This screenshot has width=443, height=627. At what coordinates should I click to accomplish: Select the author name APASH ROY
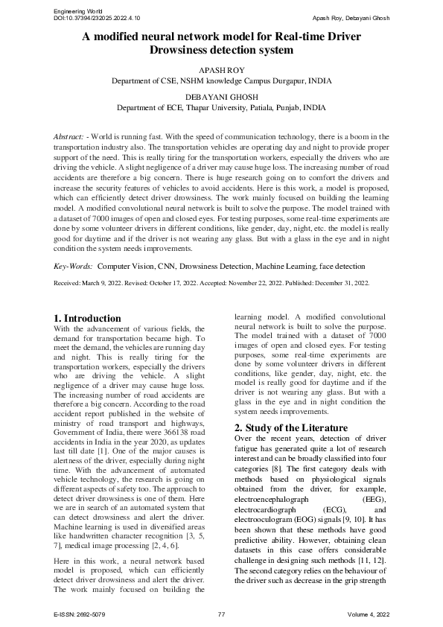(221, 69)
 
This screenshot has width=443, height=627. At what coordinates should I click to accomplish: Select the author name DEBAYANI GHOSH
(221, 97)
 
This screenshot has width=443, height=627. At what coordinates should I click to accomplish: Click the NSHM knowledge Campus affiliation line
(221, 80)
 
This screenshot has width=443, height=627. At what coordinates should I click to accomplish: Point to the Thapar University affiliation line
(221, 108)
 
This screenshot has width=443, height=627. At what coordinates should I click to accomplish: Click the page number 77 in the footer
(221, 614)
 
